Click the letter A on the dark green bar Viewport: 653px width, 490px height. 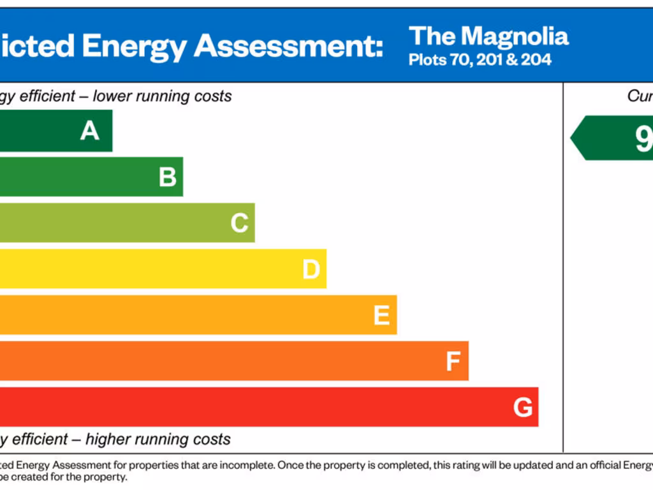(90, 131)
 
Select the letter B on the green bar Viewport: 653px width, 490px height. (168, 177)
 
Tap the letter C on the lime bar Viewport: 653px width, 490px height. (239, 223)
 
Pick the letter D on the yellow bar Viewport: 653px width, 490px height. (311, 269)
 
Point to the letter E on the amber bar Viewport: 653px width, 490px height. (381, 315)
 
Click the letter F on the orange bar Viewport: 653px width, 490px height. (453, 362)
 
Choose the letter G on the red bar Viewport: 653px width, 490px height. (523, 407)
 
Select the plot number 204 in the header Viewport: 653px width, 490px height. (536, 61)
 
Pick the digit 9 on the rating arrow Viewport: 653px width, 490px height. (643, 138)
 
